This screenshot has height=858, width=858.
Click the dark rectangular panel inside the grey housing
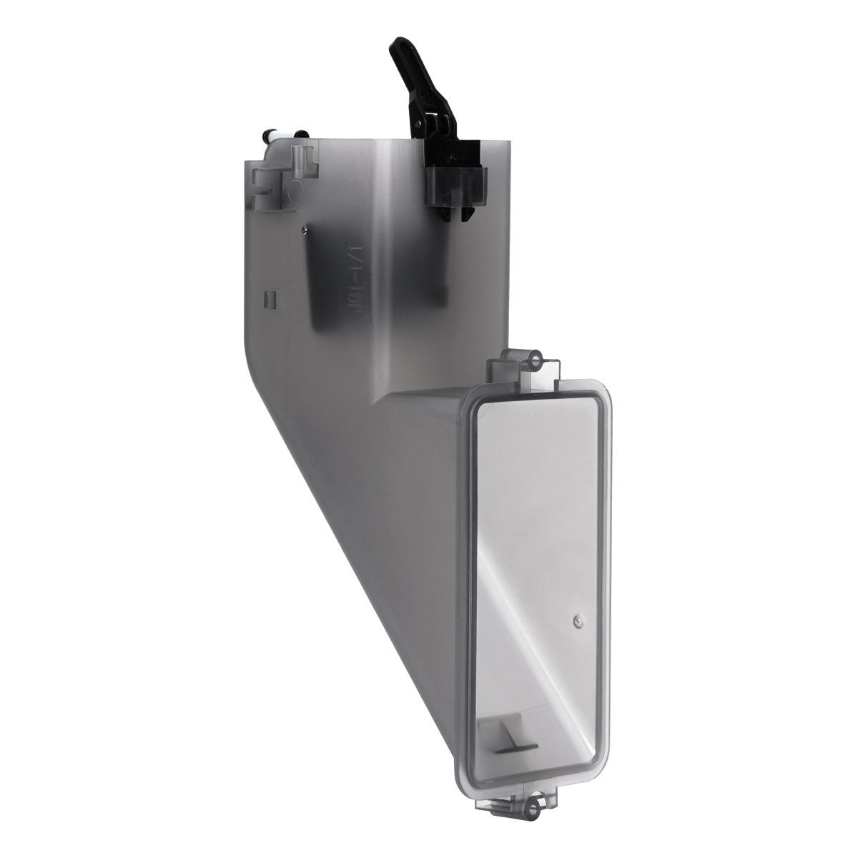tap(322, 286)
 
